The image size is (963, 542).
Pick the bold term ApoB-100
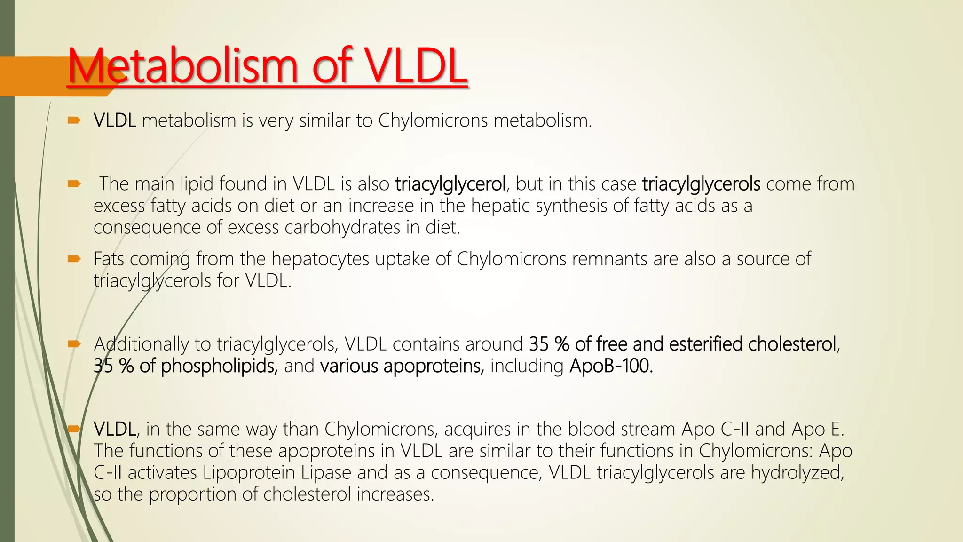click(x=611, y=366)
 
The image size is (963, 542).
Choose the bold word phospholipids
click(x=219, y=366)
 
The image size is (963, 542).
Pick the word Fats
click(x=109, y=259)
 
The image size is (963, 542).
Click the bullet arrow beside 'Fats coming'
click(x=74, y=258)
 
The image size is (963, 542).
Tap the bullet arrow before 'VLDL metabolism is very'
click(x=74, y=120)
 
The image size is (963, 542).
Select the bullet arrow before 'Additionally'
click(x=74, y=344)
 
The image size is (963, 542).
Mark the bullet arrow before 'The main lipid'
click(x=74, y=183)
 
